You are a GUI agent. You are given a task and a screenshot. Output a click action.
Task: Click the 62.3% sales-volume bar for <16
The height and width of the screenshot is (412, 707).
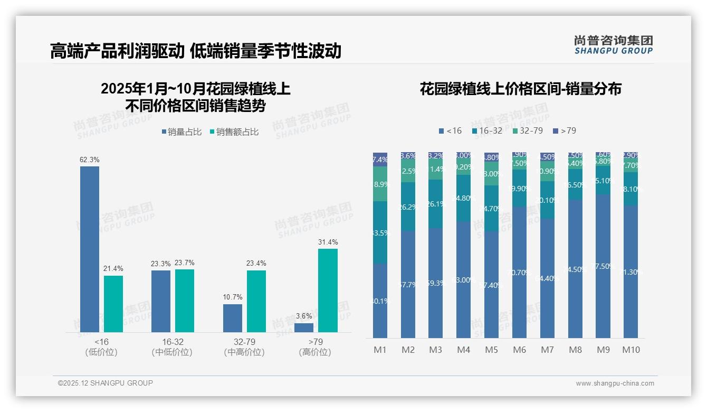tap(90, 249)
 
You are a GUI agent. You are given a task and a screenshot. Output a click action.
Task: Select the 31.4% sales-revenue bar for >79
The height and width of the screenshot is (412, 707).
tap(328, 290)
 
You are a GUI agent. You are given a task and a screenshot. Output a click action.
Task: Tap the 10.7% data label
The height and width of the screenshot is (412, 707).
tap(232, 297)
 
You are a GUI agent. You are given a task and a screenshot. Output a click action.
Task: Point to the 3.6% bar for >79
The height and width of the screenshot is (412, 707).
tap(304, 327)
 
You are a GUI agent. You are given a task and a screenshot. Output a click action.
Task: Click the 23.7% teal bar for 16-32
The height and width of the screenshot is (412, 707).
tap(185, 301)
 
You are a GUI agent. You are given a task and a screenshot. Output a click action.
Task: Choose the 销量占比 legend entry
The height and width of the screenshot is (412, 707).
tap(181, 132)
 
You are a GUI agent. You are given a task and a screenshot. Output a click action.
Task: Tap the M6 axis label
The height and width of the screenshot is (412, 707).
tap(520, 350)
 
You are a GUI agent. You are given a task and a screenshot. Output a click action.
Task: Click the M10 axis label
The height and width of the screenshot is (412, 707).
tap(631, 350)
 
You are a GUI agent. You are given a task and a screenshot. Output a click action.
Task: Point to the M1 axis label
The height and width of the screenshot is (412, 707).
tap(380, 350)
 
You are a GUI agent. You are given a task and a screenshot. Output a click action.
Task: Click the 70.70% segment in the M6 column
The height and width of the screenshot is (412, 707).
tap(520, 272)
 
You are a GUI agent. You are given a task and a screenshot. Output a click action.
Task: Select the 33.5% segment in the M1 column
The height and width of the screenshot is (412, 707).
tap(380, 232)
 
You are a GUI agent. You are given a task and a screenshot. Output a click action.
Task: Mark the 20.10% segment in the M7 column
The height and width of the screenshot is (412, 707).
tap(547, 200)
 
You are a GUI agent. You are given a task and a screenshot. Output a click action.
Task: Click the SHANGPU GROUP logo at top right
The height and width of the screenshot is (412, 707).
tap(614, 45)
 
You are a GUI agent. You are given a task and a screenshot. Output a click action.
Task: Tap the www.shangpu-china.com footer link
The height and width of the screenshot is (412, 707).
tap(615, 383)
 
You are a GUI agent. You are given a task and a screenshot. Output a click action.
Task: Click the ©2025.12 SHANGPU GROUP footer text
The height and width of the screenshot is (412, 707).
tap(106, 383)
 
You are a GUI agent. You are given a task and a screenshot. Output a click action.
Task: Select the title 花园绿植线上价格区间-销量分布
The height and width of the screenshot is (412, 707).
tap(520, 89)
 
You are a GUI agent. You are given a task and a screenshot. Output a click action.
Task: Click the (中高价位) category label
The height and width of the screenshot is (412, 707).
tap(244, 352)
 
